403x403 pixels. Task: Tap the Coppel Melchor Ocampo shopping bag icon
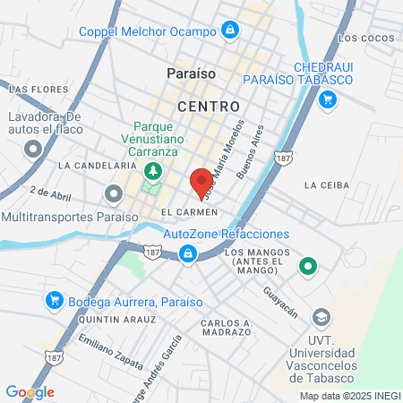pos(231,30)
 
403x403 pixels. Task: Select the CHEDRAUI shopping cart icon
pos(328,99)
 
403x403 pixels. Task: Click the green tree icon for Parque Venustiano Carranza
pos(155,169)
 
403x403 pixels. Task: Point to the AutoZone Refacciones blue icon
pos(188,255)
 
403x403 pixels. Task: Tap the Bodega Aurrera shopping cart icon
pos(55,300)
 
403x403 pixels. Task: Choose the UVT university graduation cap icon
pos(320,317)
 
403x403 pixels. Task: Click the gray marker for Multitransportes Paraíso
pos(114,193)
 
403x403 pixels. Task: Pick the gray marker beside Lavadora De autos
pos(35,149)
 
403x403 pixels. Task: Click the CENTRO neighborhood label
pos(209,107)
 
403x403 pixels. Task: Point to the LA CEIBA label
pos(324,185)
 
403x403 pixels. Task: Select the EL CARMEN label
pos(189,211)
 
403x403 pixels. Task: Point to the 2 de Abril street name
pos(50,193)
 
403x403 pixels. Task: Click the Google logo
pos(30,392)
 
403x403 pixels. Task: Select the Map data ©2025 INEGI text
pos(348,396)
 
